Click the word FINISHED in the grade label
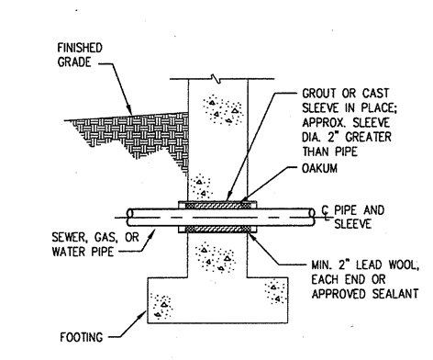coord(80,48)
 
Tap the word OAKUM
coord(319,168)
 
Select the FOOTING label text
coord(82,337)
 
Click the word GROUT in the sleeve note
coord(319,93)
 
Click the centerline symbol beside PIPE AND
coord(326,212)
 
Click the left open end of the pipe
coord(130,218)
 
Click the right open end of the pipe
coord(312,218)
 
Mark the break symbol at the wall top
coord(216,79)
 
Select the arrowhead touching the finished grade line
coord(129,110)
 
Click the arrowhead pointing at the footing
coord(142,314)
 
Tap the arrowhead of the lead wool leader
coord(252,236)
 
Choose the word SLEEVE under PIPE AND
coord(352,224)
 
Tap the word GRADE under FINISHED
coord(74,62)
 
